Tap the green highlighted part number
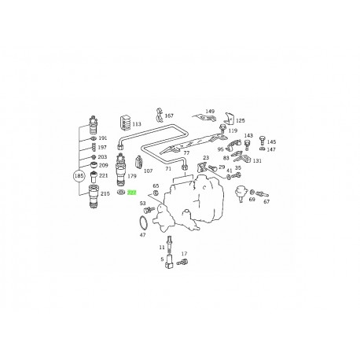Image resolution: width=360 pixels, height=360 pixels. [132, 191]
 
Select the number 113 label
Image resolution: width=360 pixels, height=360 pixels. [137, 123]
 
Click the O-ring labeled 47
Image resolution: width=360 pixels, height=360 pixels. [144, 222]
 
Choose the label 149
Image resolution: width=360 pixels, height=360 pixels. [210, 112]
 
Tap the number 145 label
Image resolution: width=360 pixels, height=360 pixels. [272, 142]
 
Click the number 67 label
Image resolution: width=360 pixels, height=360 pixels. [266, 202]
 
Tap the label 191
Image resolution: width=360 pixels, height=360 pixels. [102, 138]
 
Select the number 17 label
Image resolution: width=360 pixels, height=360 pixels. [185, 254]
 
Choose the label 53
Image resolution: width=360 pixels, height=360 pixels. [143, 203]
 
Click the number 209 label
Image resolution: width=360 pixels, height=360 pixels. [103, 167]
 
